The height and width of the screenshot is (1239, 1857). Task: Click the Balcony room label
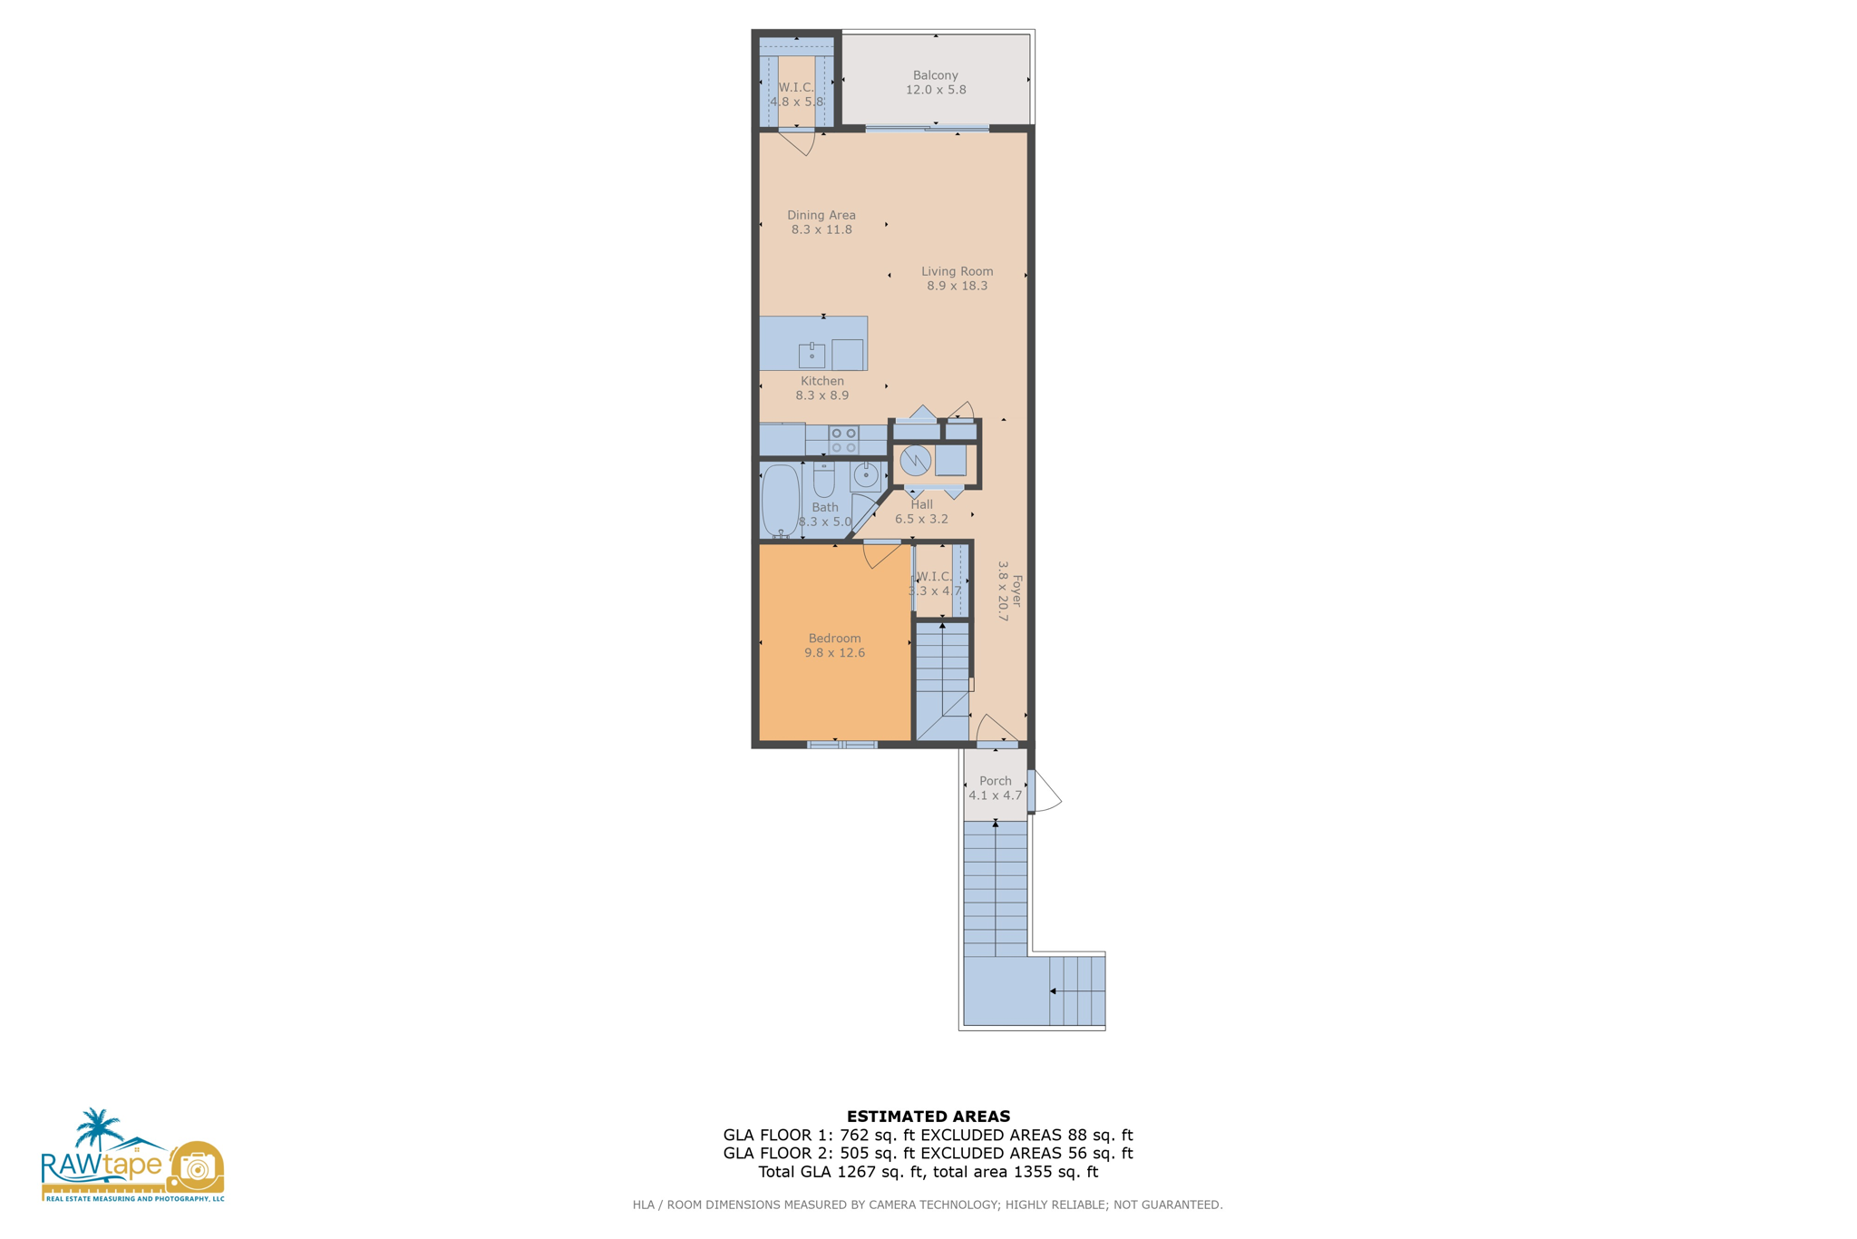(935, 75)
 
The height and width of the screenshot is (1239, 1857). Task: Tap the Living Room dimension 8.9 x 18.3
(957, 286)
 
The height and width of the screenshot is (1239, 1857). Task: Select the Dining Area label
(821, 215)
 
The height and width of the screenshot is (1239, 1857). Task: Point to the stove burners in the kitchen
(843, 441)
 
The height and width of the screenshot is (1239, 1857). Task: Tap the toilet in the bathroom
(823, 478)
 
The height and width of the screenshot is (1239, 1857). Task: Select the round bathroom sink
(866, 474)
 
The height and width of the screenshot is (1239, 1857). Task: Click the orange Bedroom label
(834, 639)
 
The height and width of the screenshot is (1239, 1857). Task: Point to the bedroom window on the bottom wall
(841, 745)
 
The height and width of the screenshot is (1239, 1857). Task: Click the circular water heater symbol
(915, 461)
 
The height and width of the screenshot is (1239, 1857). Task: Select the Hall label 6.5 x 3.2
(921, 512)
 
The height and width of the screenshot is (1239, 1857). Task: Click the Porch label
(995, 781)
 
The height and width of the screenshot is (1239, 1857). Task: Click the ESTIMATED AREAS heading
(928, 1117)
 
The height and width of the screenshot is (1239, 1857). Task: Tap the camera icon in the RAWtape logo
(196, 1167)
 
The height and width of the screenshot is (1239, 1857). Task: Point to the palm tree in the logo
(97, 1129)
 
